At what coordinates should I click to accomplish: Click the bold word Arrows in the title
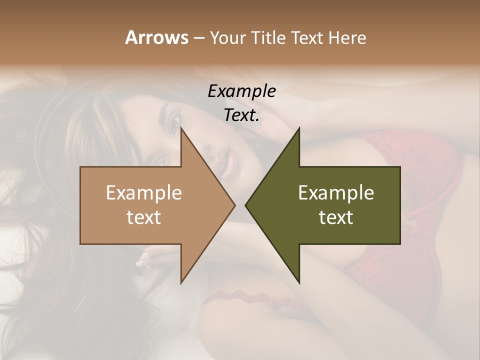click(156, 37)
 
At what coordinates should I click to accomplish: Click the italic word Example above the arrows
click(241, 91)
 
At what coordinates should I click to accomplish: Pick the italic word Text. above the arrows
click(241, 115)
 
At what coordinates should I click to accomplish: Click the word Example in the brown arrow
click(144, 192)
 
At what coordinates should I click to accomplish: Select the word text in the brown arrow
click(144, 217)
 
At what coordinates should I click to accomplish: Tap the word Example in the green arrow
click(336, 192)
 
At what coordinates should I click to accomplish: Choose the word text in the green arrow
click(336, 217)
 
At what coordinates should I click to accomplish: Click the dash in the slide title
click(198, 38)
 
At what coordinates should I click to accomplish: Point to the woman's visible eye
click(175, 121)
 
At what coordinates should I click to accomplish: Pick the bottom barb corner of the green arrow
click(299, 282)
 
